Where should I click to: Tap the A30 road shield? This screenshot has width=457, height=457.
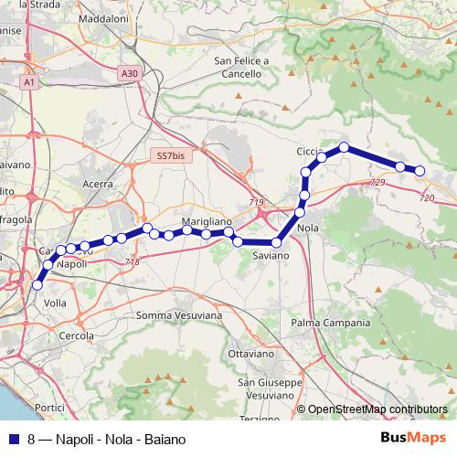pos(130,73)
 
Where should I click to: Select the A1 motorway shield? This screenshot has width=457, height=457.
pos(29,82)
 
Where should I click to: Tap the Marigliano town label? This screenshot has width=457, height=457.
pos(207,222)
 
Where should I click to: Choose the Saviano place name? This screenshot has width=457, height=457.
pos(271,256)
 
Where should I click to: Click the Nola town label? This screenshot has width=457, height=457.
pos(308,228)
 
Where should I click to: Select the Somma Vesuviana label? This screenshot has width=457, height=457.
pos(178,315)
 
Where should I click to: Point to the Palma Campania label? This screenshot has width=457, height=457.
pos(330,323)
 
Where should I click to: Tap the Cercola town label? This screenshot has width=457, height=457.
pos(76,335)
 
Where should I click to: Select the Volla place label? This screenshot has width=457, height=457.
pos(55,302)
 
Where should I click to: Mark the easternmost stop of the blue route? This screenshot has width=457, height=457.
pos(420,171)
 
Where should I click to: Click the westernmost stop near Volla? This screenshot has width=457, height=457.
pos(37,285)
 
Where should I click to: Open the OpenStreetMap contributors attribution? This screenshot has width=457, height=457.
pos(377,409)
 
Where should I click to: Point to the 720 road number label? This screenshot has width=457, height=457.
pos(426,197)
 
